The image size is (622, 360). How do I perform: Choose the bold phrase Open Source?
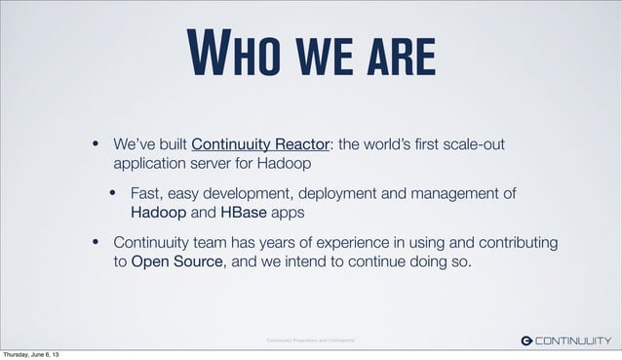176,260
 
